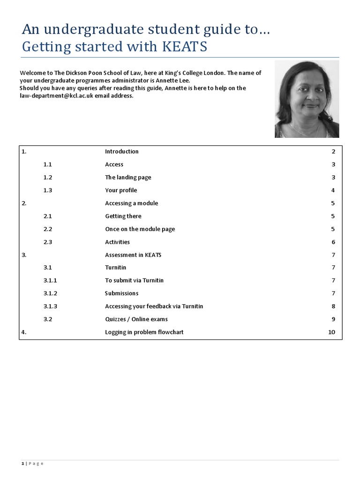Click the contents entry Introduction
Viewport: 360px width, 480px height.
[x=121, y=151]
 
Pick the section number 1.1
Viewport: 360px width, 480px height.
[x=47, y=165]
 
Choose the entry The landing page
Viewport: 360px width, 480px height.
[x=128, y=178]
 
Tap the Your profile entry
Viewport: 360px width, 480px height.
[x=121, y=190]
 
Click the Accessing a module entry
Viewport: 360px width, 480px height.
[x=131, y=203]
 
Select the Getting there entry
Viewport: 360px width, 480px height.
[x=123, y=216]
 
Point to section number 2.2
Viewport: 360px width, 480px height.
[x=47, y=229]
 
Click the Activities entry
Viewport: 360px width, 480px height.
[x=117, y=242]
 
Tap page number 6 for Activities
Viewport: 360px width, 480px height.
[x=333, y=242]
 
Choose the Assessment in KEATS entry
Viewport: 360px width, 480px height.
[x=133, y=255]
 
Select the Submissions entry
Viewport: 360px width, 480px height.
[x=121, y=293]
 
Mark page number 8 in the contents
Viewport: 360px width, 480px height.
[x=333, y=306]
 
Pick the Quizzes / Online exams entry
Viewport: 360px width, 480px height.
[x=136, y=319]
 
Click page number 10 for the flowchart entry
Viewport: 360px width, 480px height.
[x=332, y=332]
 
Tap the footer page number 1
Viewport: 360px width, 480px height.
[x=22, y=464]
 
